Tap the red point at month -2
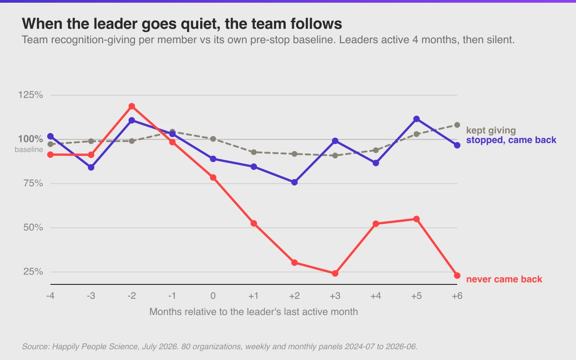(x=132, y=106)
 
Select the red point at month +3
(x=335, y=273)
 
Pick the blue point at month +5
(x=417, y=119)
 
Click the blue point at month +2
(x=294, y=182)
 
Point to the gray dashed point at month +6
(x=457, y=125)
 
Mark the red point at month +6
(x=457, y=275)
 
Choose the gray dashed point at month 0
(x=213, y=139)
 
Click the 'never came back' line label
(x=504, y=279)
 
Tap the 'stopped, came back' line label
(x=511, y=140)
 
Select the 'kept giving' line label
(x=491, y=130)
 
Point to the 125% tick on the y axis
(x=30, y=95)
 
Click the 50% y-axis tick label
(x=33, y=228)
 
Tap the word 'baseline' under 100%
(x=29, y=149)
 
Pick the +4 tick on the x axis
(x=376, y=296)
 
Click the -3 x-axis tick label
(x=91, y=296)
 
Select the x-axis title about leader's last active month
(x=253, y=312)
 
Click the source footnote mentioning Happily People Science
(x=220, y=346)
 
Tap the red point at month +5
(x=417, y=219)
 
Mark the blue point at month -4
(x=50, y=136)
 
